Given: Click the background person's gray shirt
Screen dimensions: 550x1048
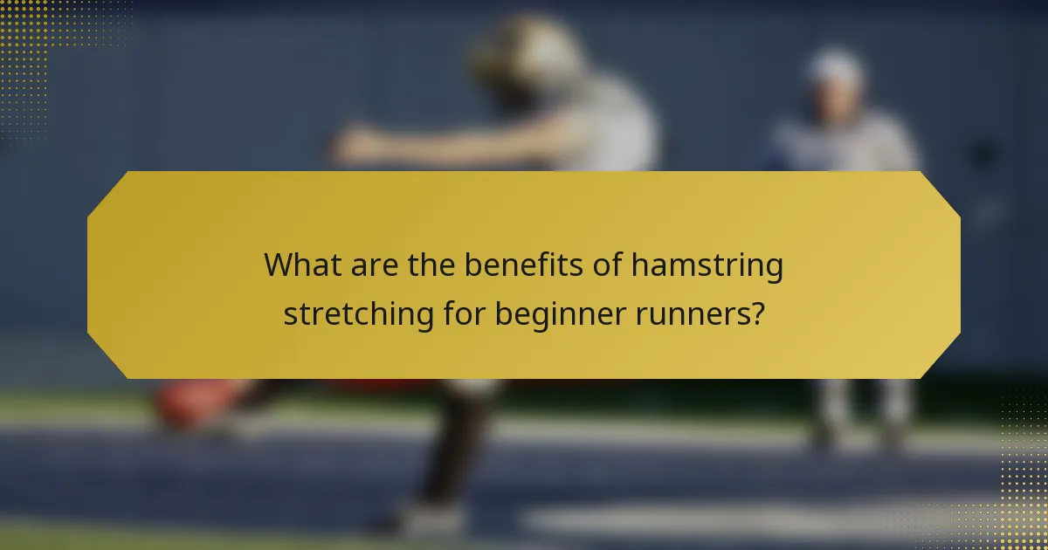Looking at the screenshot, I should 843,144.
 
